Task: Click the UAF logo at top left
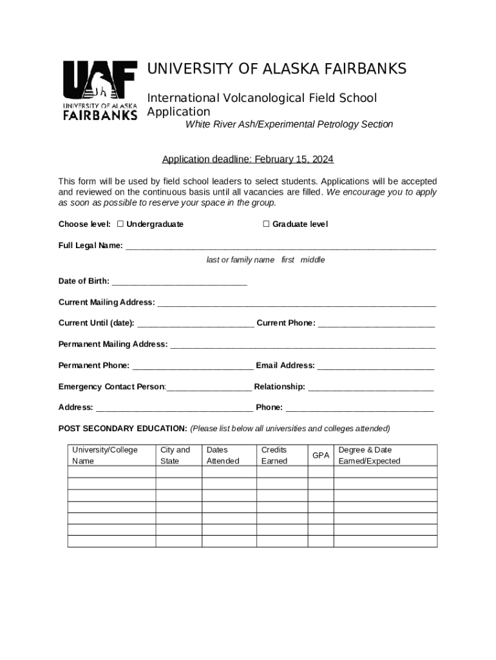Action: click(99, 90)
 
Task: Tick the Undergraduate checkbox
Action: click(120, 224)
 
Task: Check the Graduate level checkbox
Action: click(266, 224)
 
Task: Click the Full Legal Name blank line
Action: click(280, 247)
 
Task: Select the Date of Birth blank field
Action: click(179, 282)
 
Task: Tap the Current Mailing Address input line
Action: click(296, 304)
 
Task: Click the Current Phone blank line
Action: click(376, 324)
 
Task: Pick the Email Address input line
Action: click(376, 367)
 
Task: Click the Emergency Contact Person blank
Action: click(209, 388)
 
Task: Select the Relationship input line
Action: click(370, 388)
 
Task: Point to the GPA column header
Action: click(320, 456)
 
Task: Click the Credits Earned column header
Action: click(274, 455)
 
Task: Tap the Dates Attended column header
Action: click(222, 455)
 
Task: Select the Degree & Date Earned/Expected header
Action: click(369, 455)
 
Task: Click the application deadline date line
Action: click(247, 159)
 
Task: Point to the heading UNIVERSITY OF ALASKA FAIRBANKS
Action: click(277, 69)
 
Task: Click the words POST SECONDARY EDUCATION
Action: click(122, 429)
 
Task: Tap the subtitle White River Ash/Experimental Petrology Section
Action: click(289, 124)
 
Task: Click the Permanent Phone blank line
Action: click(192, 367)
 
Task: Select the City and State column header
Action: click(175, 455)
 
